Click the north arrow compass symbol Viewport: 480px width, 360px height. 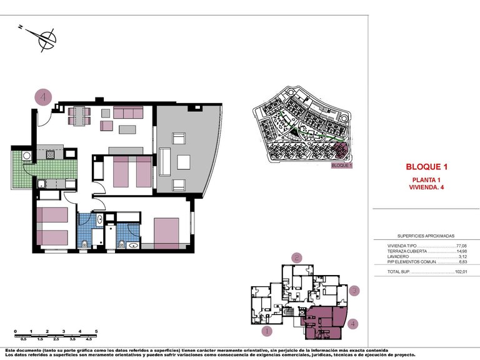46,40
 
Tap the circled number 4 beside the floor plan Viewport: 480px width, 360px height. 42,97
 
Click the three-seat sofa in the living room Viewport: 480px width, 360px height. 128,112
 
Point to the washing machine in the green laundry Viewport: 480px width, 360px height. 27,156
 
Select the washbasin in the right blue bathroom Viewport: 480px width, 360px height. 133,245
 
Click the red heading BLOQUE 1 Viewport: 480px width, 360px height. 427,167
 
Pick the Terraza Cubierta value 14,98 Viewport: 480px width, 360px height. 462,252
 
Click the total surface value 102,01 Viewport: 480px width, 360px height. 462,272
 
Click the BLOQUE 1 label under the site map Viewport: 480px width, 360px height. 342,166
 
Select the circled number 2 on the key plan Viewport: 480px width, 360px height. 297,257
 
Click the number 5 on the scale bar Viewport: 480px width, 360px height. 96,331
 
